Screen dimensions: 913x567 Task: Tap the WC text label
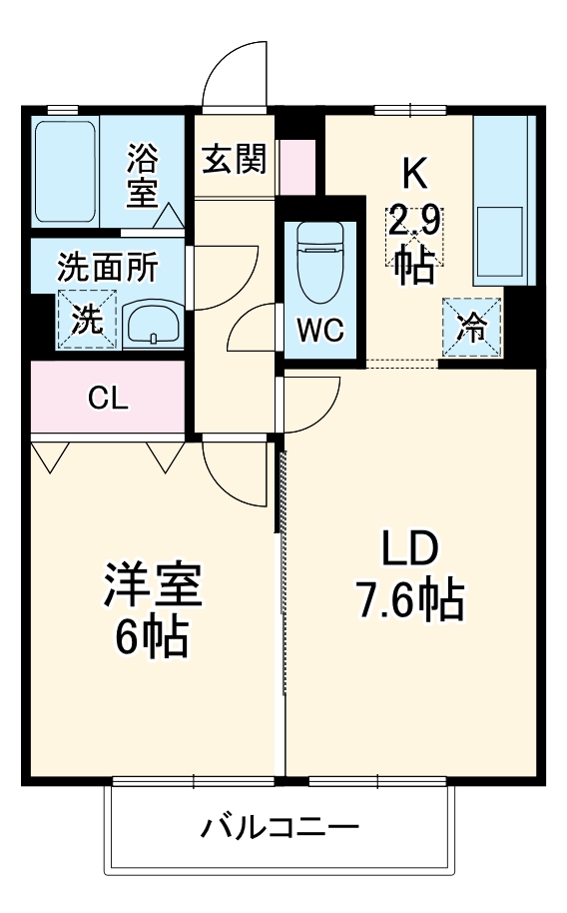point(319,331)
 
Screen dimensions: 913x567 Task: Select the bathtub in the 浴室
point(65,172)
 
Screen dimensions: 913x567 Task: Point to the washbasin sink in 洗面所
point(152,324)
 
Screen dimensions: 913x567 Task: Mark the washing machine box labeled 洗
point(87,319)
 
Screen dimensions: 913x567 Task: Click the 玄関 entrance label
point(235,159)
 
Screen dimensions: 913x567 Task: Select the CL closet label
point(108,398)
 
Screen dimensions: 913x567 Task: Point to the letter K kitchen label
point(414,175)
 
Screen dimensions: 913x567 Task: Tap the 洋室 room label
point(154,586)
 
